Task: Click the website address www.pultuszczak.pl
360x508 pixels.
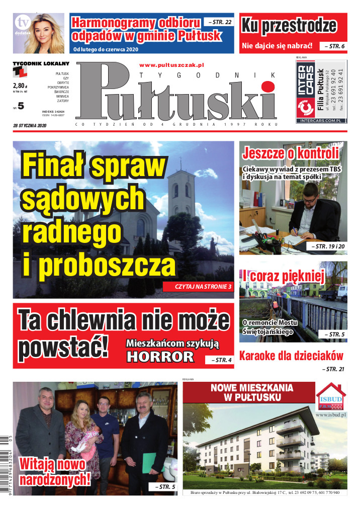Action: tap(171, 65)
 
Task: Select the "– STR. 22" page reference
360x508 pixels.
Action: tap(218, 22)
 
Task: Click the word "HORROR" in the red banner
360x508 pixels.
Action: tap(160, 357)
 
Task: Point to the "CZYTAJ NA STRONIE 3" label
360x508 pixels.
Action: tap(197, 286)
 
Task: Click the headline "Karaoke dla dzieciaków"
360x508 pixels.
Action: tap(291, 356)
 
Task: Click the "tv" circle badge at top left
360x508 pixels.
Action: tap(22, 23)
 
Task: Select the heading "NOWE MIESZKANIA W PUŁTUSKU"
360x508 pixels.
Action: tap(248, 393)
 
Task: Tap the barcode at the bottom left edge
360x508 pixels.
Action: tap(5, 460)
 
